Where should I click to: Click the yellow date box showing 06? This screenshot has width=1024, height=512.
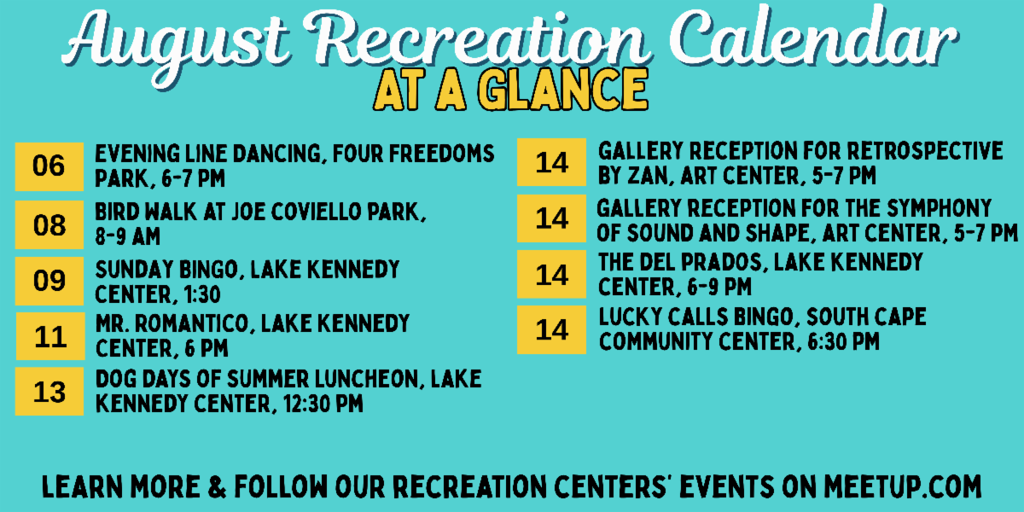point(49,166)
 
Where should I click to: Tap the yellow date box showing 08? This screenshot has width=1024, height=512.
point(49,224)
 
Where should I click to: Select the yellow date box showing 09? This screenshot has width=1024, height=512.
point(49,281)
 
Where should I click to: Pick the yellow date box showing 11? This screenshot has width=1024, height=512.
point(50,336)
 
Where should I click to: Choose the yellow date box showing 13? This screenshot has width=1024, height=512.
point(49,392)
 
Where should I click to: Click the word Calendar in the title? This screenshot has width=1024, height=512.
point(813,38)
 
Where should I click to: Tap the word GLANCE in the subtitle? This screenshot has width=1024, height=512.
point(562,90)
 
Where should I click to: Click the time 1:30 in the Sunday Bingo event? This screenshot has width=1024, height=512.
point(202,294)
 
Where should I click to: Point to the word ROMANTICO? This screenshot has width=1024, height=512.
point(191,323)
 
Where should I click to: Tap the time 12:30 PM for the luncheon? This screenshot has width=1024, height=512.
point(323,404)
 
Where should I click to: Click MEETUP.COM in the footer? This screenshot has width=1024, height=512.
point(903,486)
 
